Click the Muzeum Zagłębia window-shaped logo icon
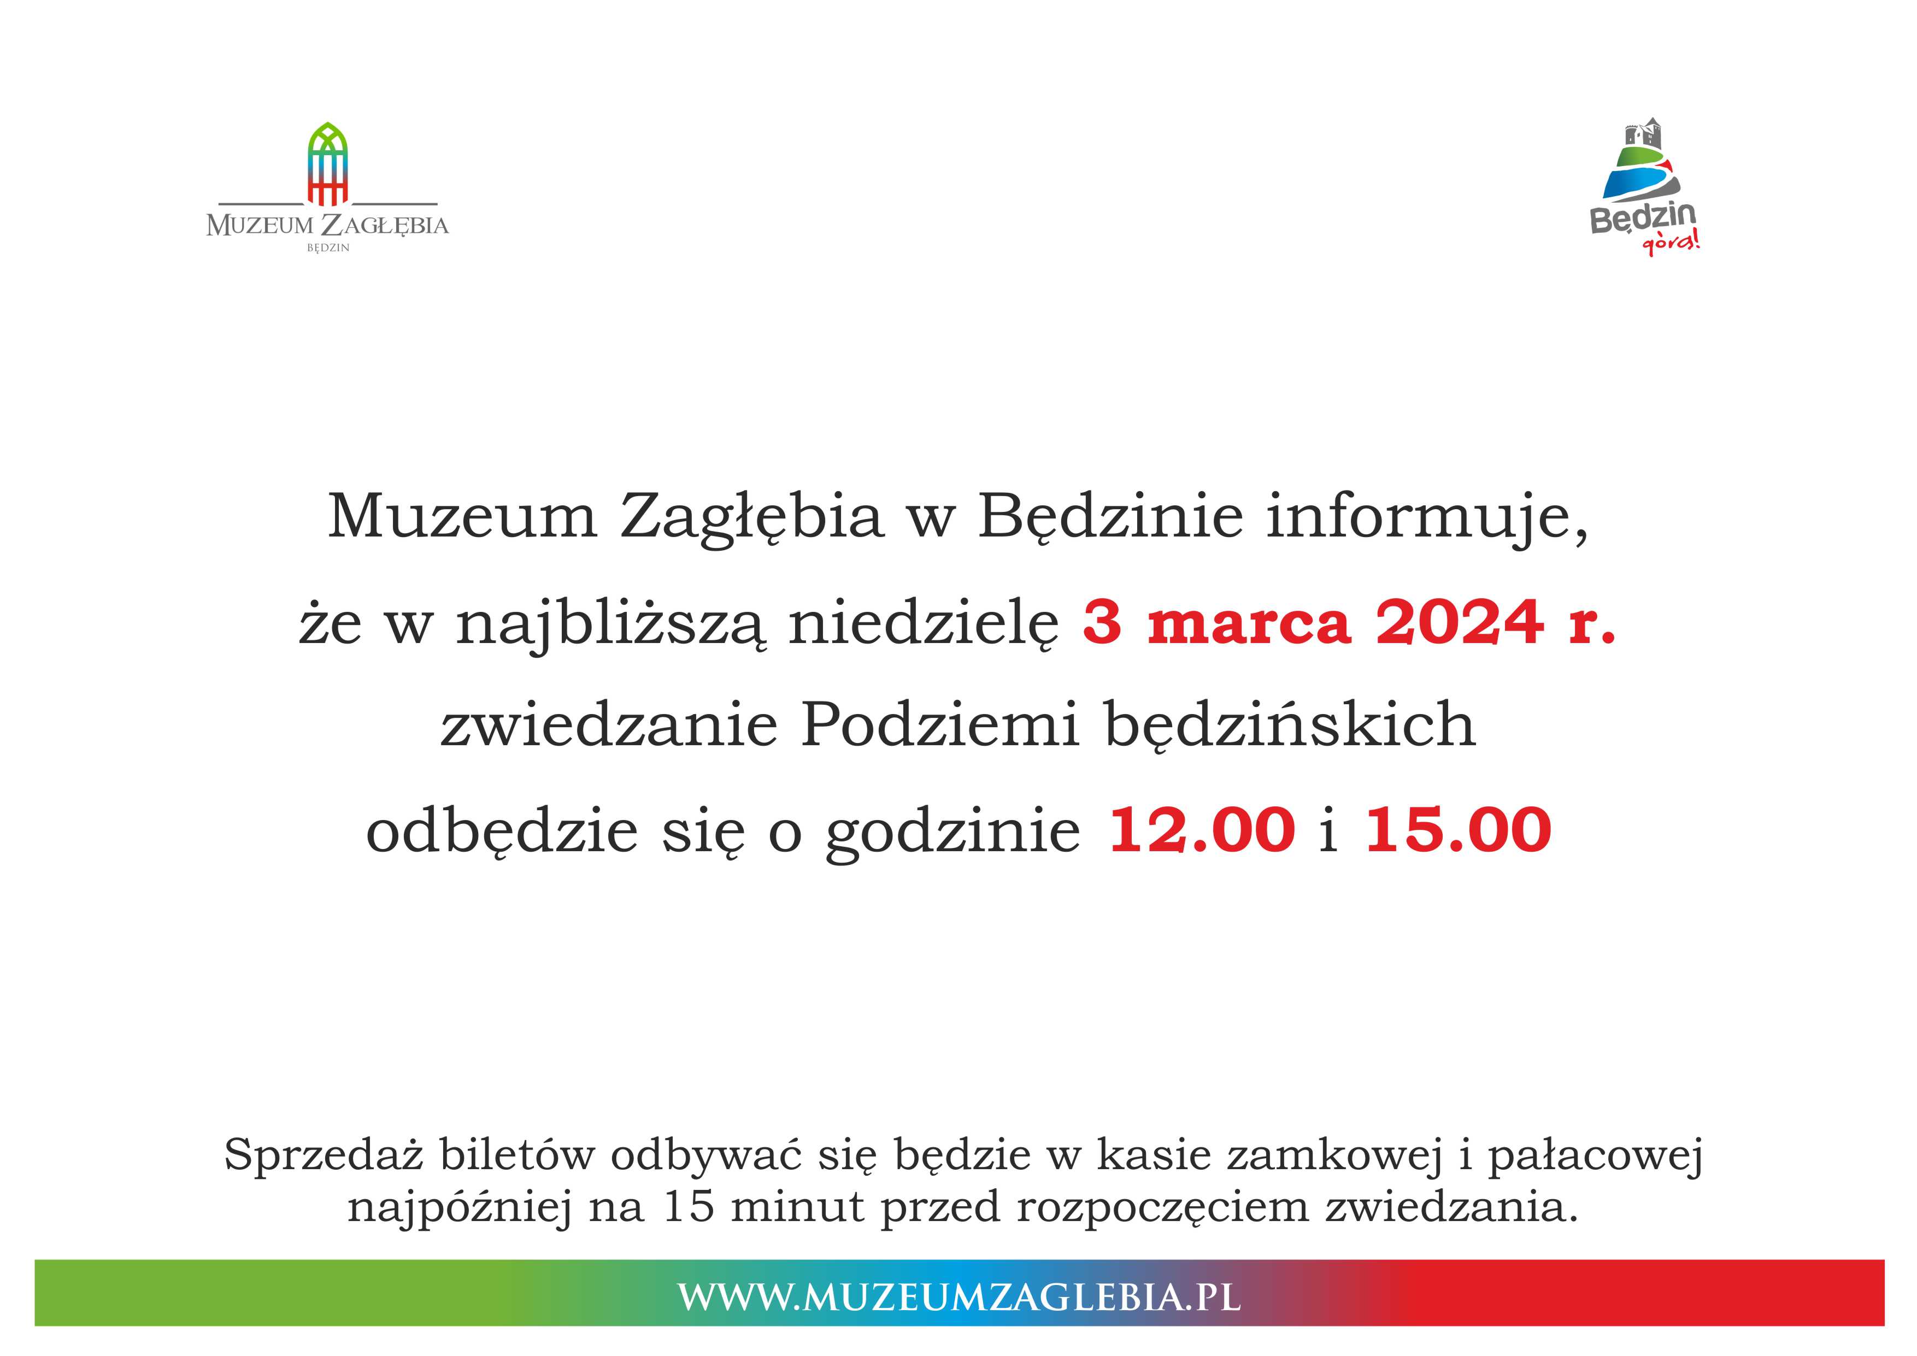tap(327, 164)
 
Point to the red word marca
tap(1249, 626)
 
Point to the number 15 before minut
tap(689, 1206)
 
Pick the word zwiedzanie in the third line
tap(609, 725)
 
